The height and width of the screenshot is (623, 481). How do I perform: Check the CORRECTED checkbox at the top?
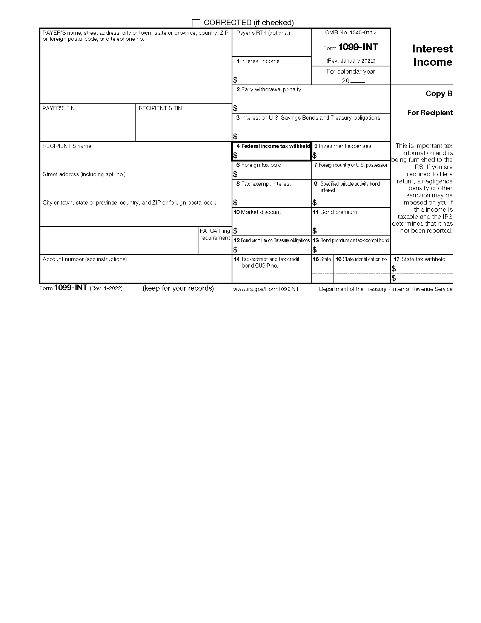tap(196, 23)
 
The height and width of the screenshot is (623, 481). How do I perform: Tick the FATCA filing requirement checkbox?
tap(214, 247)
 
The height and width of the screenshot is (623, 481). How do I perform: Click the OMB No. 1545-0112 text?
tap(350, 33)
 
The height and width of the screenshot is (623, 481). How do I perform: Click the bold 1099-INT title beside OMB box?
tap(358, 47)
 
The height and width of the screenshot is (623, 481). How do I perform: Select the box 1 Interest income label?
tap(260, 61)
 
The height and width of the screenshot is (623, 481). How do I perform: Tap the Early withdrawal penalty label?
tap(271, 89)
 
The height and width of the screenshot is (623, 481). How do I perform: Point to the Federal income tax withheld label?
tap(275, 146)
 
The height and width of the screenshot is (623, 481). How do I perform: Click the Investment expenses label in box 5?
tap(344, 146)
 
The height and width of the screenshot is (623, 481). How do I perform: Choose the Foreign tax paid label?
tap(261, 165)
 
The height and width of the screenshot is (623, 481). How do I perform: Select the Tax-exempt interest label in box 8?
tap(266, 184)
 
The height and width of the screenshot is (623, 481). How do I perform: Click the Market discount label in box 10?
tap(261, 212)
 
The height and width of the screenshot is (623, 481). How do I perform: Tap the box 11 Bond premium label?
tap(338, 212)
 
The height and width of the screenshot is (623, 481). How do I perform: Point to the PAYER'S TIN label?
tap(58, 108)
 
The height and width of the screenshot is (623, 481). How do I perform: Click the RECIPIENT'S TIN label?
tap(160, 108)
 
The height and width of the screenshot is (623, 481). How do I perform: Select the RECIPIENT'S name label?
tap(67, 146)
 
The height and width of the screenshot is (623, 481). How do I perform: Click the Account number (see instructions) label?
tap(85, 259)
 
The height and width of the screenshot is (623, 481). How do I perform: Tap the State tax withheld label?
tap(423, 259)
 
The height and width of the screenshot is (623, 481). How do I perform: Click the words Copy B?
tap(439, 94)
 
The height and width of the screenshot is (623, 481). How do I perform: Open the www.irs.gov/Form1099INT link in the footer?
tap(266, 289)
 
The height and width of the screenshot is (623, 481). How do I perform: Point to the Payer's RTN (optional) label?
tap(263, 33)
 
